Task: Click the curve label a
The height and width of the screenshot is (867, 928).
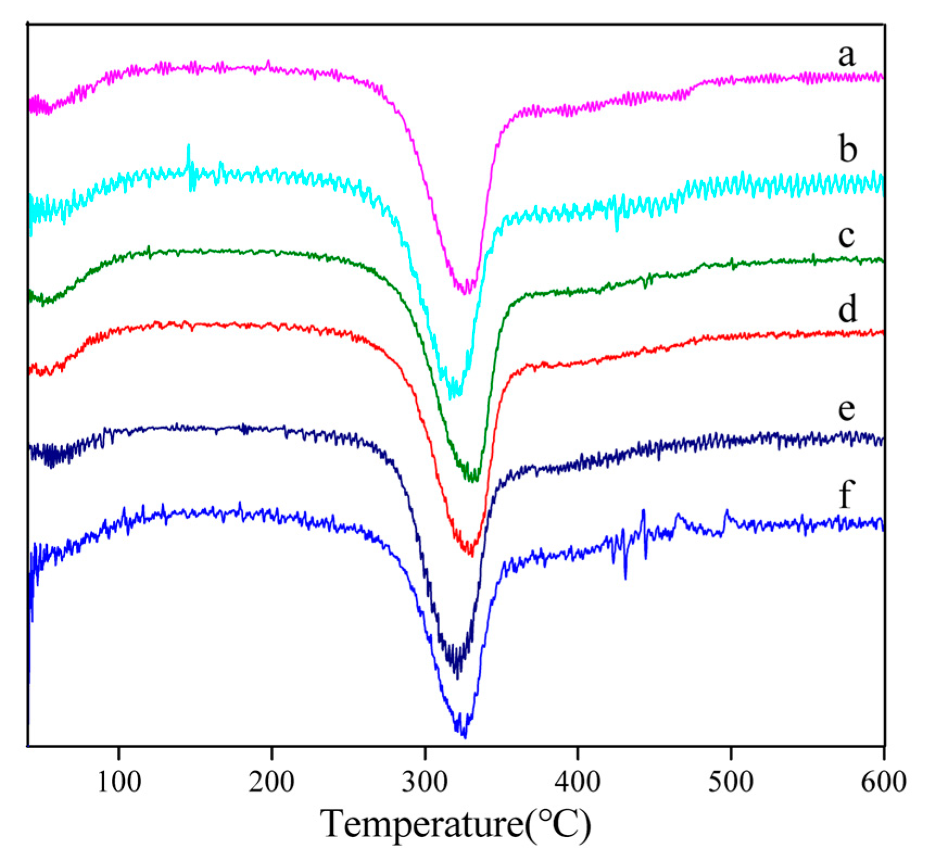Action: point(846,56)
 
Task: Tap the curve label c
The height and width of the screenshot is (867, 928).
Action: point(846,236)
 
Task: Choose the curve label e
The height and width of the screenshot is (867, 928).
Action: point(846,408)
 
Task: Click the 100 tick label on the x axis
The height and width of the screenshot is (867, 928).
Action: point(119,782)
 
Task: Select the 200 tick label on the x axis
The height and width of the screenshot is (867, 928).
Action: point(271,782)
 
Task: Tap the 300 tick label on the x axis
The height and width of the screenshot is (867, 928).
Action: point(425,782)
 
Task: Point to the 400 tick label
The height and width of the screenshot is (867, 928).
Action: point(577,782)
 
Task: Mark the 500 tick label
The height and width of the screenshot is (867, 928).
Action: point(731,782)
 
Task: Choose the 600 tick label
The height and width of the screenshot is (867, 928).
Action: point(883,782)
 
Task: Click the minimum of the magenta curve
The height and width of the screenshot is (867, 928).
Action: point(465,294)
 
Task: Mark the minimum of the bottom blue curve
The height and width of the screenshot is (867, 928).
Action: point(465,737)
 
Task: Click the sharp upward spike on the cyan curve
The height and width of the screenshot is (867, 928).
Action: point(188,145)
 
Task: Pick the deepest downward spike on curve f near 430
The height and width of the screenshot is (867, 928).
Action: point(625,579)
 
